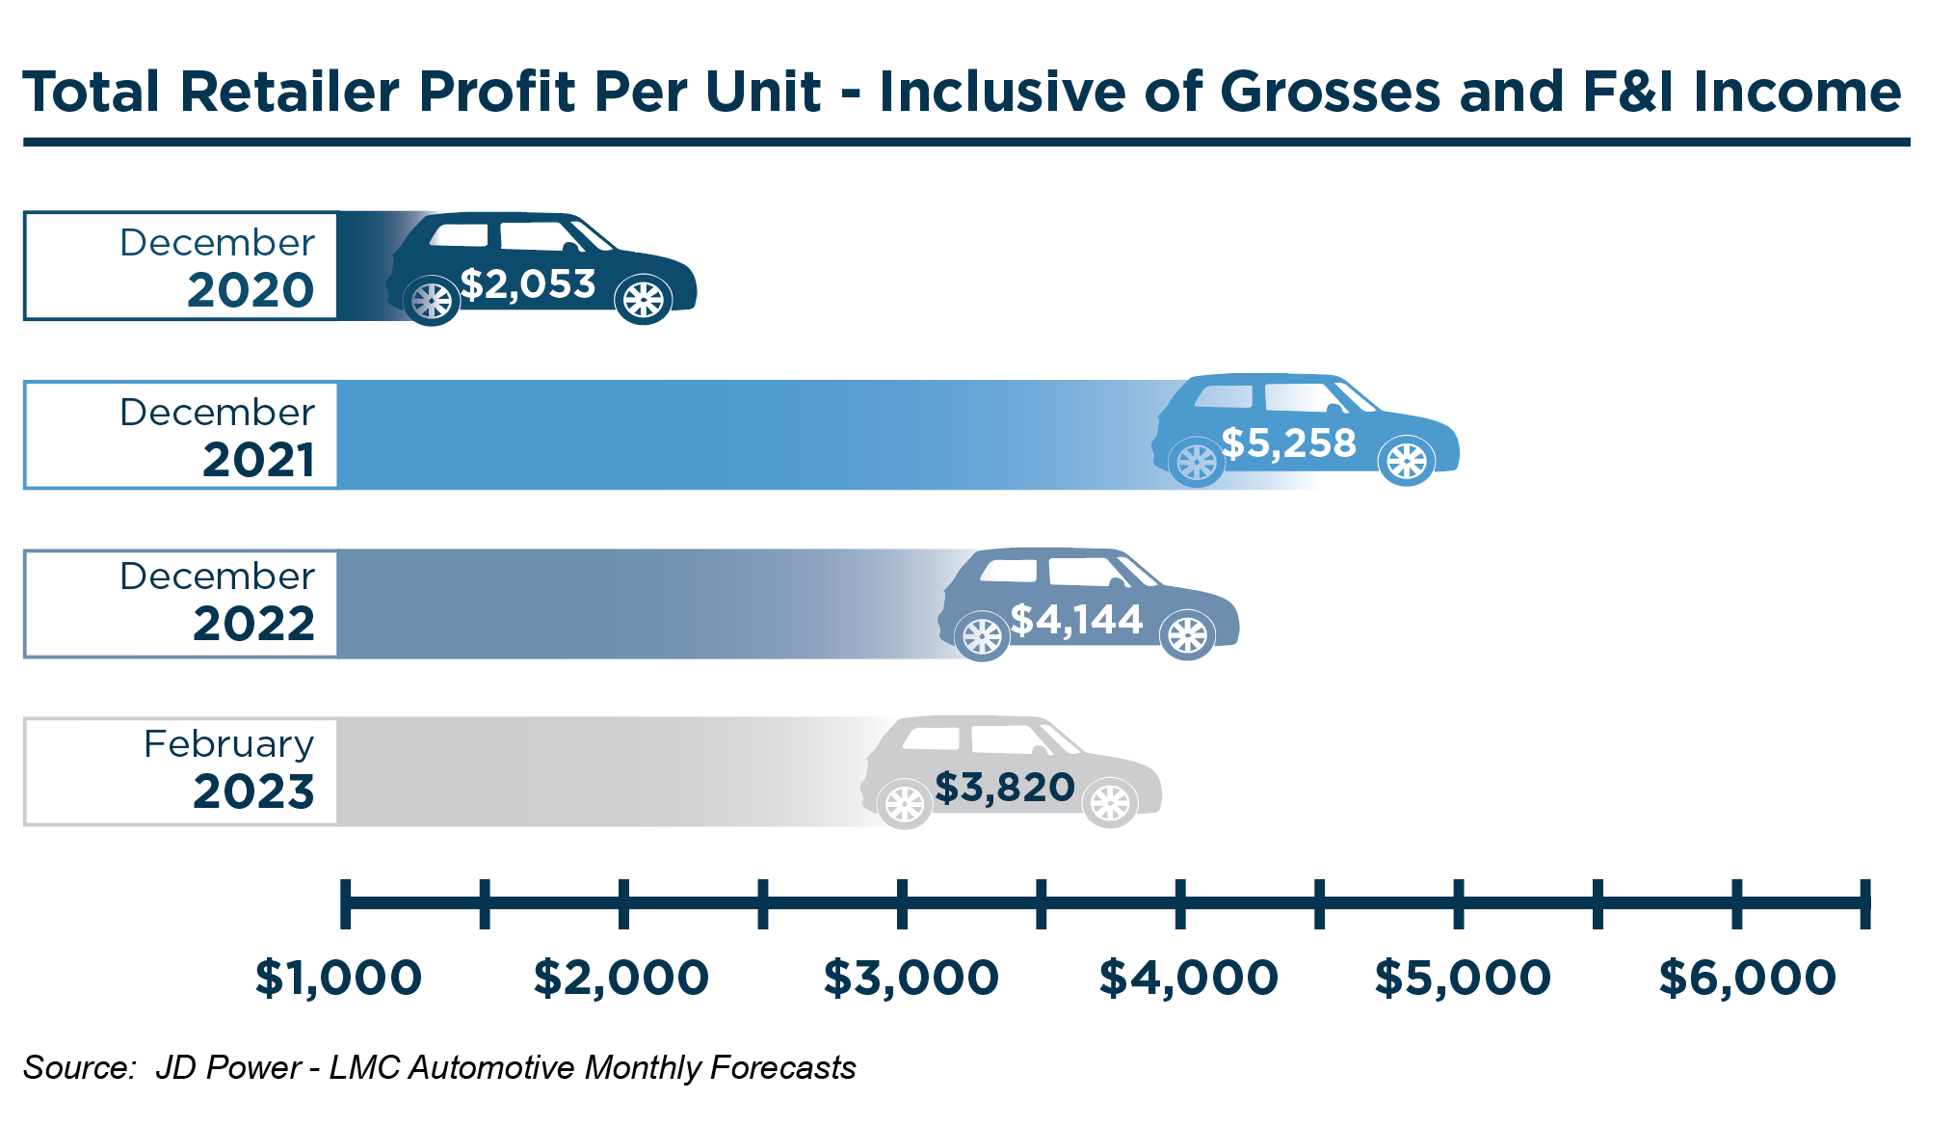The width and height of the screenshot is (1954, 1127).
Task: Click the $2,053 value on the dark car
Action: click(528, 284)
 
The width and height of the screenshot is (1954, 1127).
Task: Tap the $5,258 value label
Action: click(1288, 443)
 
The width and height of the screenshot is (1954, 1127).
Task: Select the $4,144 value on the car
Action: click(1076, 620)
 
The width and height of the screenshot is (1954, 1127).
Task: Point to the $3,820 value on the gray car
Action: click(1004, 788)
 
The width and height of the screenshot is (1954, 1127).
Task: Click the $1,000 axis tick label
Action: click(338, 978)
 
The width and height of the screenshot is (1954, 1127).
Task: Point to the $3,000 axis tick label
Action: click(911, 978)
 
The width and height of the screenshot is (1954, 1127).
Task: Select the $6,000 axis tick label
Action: click(1747, 978)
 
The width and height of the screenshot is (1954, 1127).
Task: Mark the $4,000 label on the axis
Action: click(1188, 978)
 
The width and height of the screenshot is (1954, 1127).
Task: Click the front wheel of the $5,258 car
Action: click(1407, 461)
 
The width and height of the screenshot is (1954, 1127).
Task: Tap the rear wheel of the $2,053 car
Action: click(431, 301)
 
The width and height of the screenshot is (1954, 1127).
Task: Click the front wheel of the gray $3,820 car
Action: click(1110, 803)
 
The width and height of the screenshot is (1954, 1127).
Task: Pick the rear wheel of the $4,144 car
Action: click(982, 636)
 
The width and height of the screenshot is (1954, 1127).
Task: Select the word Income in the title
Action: click(1797, 93)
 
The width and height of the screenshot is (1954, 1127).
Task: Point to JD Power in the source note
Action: click(228, 1068)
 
